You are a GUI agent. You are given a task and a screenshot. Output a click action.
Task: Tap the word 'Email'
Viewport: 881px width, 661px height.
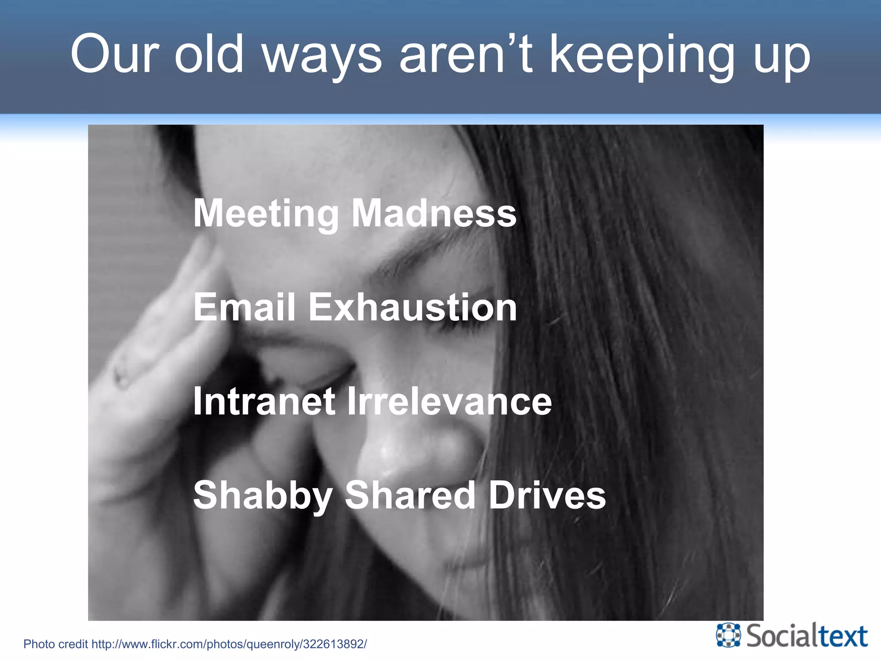click(244, 307)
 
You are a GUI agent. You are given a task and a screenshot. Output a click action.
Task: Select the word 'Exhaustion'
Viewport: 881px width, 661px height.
click(413, 307)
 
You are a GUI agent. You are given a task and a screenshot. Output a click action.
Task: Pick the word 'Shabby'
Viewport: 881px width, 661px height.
click(262, 496)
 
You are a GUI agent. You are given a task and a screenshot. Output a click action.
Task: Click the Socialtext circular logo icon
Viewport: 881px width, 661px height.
click(728, 635)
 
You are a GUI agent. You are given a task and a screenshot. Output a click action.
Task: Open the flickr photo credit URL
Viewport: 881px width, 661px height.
click(229, 644)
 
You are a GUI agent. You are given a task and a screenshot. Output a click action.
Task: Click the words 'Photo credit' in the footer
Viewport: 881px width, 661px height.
click(55, 644)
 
